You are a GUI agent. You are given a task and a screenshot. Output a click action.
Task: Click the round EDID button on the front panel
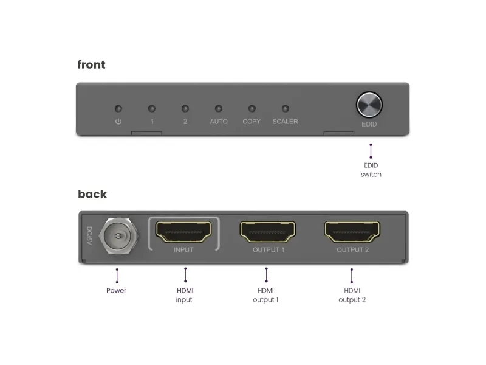(369, 105)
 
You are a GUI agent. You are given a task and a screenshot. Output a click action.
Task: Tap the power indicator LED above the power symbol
(118, 109)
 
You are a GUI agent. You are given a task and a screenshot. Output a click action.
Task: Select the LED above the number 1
(151, 109)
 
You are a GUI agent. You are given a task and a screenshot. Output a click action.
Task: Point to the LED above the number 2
(185, 109)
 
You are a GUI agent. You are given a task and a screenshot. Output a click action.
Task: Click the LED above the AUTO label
(219, 109)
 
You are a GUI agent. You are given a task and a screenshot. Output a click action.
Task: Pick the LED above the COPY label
(252, 109)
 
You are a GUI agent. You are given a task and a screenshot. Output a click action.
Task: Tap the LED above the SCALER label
(285, 109)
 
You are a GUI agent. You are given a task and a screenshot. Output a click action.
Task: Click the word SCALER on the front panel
(285, 122)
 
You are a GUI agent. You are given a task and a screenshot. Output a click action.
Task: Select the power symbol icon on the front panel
(118, 121)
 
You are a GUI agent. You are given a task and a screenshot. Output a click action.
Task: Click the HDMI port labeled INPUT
(183, 232)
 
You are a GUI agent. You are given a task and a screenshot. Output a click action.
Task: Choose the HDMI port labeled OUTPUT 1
(268, 232)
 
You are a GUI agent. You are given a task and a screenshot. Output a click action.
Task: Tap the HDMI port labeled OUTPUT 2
(352, 232)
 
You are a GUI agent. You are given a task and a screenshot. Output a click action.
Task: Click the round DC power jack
(118, 236)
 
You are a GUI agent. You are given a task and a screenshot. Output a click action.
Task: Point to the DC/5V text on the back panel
(89, 235)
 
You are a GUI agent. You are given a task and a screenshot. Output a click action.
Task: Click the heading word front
(92, 64)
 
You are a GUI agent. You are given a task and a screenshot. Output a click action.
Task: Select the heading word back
(92, 194)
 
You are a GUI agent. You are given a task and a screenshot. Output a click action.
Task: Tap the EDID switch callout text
(371, 170)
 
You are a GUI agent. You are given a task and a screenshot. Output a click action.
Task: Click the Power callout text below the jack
(116, 291)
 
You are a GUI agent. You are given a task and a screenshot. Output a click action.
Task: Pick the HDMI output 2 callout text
(352, 295)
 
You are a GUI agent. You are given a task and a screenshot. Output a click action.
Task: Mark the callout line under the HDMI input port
(185, 275)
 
